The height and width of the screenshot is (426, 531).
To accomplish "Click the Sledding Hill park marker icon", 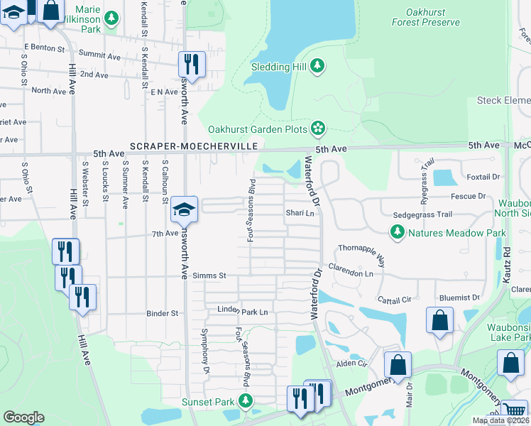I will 318,67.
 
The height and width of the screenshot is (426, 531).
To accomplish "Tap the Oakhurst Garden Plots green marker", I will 318,129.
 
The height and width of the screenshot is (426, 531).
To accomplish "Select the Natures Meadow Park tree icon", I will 397,232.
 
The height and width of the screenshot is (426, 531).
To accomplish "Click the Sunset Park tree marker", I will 246,401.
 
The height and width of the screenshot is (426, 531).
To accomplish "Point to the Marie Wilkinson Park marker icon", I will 111,17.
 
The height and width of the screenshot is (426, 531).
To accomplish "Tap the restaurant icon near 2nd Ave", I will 191,64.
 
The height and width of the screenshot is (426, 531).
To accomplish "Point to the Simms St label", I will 210,275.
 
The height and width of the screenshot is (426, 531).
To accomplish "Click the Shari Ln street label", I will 300,213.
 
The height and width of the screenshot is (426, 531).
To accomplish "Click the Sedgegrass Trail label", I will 422,214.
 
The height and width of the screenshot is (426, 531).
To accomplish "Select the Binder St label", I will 162,312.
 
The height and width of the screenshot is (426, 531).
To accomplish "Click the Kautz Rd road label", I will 506,261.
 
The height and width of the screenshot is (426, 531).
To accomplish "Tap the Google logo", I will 24,417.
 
